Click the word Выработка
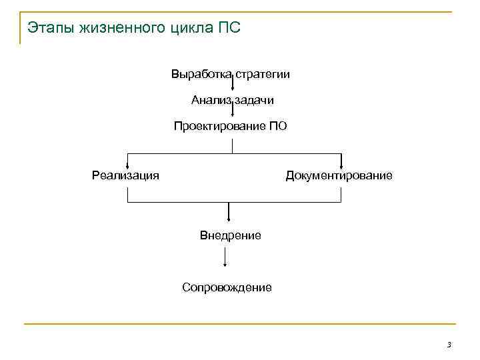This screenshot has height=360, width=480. (200, 73)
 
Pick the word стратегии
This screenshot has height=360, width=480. (263, 73)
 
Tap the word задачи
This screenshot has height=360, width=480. (253, 100)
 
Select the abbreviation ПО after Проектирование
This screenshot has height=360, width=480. (278, 125)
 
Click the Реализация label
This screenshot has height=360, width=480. (125, 175)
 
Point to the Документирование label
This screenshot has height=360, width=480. (339, 175)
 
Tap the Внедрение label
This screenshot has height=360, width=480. (231, 235)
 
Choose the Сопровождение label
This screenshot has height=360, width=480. (227, 287)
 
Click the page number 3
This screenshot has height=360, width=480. (449, 344)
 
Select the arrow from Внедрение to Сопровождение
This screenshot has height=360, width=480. (227, 259)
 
